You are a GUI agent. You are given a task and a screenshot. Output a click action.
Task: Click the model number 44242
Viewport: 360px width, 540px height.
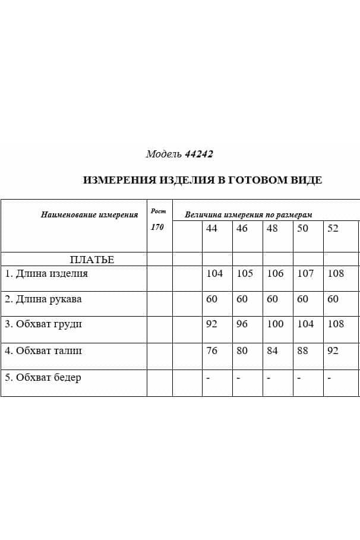pyautogui.click(x=198, y=154)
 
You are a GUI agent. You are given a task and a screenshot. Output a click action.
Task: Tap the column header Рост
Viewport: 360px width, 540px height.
pyautogui.click(x=159, y=211)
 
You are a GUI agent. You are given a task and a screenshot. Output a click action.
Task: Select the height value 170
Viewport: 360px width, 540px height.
pyautogui.click(x=157, y=228)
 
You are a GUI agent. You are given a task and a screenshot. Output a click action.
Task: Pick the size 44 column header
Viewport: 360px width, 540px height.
pyautogui.click(x=211, y=229)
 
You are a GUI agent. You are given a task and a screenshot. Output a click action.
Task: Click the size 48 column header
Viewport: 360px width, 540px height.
pyautogui.click(x=272, y=229)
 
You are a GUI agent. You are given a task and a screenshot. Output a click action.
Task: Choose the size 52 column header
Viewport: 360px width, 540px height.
pyautogui.click(x=333, y=229)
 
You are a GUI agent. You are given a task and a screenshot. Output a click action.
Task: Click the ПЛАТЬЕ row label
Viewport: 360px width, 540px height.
pyautogui.click(x=91, y=260)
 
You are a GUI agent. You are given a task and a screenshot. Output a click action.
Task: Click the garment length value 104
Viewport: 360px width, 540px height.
pyautogui.click(x=214, y=274)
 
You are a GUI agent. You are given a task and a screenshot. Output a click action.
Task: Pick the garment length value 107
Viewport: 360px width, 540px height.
pyautogui.click(x=305, y=274)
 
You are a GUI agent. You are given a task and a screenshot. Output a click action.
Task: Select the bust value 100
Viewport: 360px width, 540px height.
pyautogui.click(x=275, y=324)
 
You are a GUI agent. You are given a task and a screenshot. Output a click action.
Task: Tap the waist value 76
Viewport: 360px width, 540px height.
pyautogui.click(x=211, y=351)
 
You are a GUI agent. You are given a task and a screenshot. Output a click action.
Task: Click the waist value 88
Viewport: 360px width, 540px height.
pyautogui.click(x=302, y=351)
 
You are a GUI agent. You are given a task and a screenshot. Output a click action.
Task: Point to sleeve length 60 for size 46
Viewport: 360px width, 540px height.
pyautogui.click(x=242, y=299)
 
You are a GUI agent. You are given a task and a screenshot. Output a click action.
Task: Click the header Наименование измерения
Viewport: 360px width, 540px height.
pyautogui.click(x=89, y=215)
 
